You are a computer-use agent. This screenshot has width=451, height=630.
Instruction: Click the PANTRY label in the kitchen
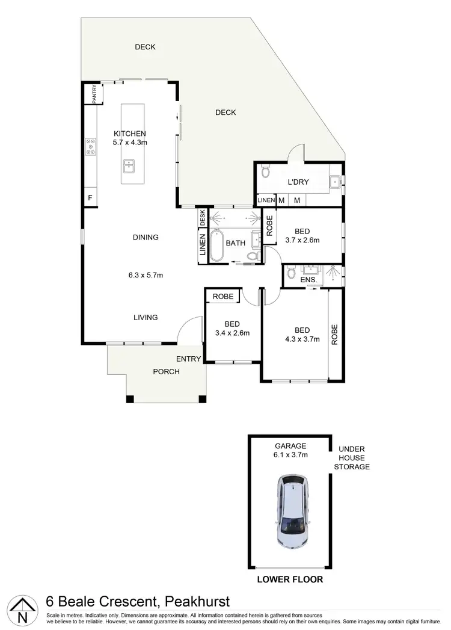[x=94, y=94]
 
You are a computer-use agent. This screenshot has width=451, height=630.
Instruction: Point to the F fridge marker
[x=90, y=198]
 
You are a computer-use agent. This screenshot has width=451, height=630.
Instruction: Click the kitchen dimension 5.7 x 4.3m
[x=130, y=143]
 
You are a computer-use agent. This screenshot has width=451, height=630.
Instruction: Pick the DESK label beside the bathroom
[x=203, y=217]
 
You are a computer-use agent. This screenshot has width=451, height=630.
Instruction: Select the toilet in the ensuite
[x=292, y=274]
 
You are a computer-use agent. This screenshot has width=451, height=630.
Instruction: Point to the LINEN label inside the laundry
[x=266, y=200]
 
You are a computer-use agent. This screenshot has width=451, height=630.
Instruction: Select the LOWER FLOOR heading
[x=290, y=579]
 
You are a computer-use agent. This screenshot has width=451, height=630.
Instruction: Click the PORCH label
[x=167, y=371]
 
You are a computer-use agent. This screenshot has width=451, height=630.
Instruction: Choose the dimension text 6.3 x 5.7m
[x=146, y=276]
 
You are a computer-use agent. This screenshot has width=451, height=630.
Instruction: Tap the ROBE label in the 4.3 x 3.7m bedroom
[x=335, y=333]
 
